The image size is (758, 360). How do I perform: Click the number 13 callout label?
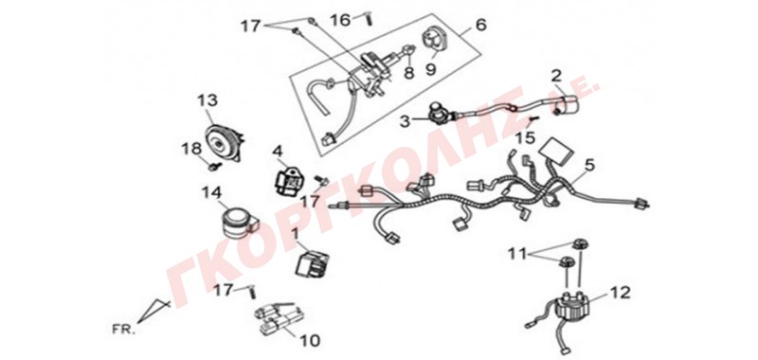click(x=207, y=101)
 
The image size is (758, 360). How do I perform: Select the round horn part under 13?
click(x=225, y=140)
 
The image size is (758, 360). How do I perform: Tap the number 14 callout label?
click(x=211, y=193)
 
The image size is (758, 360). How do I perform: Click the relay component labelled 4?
click(x=286, y=181)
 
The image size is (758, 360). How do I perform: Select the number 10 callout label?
click(x=309, y=341)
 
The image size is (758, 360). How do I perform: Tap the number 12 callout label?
click(x=620, y=293)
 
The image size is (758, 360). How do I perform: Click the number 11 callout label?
click(x=517, y=252)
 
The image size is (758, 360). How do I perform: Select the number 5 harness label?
click(x=588, y=165)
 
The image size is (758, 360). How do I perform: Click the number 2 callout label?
click(x=556, y=76)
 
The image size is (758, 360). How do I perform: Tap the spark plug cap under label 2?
click(x=566, y=103)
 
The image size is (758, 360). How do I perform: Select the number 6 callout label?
click(x=481, y=25)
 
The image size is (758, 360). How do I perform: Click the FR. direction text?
click(x=120, y=331)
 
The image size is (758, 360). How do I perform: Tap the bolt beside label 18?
click(x=215, y=167)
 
